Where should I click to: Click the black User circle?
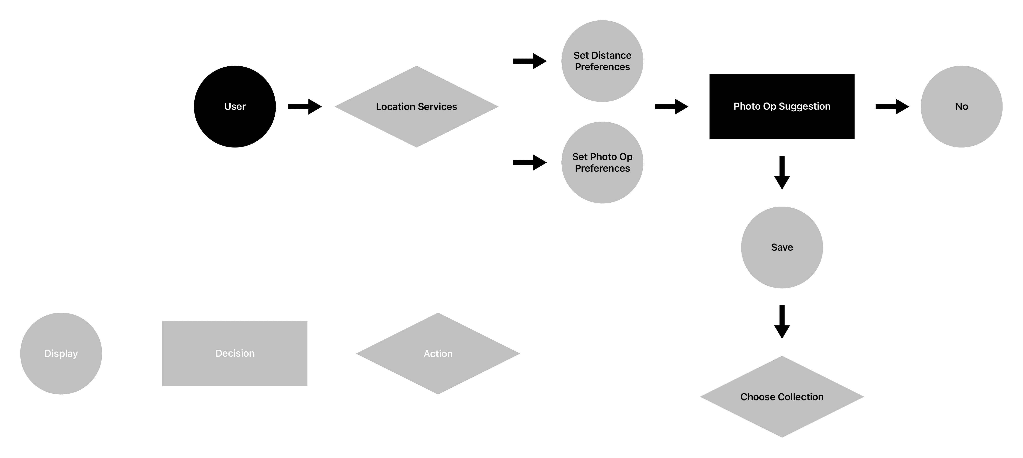pos(235,106)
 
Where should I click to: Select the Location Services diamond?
pos(417,106)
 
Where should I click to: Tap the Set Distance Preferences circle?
pos(603,61)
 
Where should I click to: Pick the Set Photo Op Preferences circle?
pos(603,162)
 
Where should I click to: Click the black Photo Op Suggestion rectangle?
pos(782,106)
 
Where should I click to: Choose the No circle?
pos(961,106)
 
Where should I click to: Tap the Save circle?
pos(782,247)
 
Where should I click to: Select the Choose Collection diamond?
pos(782,397)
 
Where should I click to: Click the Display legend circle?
pos(61,353)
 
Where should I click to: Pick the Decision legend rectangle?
pos(235,353)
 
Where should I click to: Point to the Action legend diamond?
pos(438,353)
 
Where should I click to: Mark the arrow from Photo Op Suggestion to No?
pos(892,106)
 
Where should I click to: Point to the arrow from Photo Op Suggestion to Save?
pos(782,173)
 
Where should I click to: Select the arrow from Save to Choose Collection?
pos(782,322)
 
